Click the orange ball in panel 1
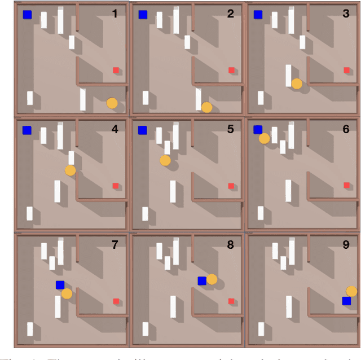112,103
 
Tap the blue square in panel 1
27,15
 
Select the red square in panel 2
231,71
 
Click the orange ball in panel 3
297,84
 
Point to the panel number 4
115,129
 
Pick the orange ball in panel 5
165,160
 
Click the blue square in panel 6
258,130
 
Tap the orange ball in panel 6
264,138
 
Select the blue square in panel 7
60,286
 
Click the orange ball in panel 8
212,279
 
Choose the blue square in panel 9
346,301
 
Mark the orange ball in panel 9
351,291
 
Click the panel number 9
346,244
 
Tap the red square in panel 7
116,301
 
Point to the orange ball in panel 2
206,107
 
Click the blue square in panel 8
202,280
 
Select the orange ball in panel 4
70,170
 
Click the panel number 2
230,14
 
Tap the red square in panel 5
231,186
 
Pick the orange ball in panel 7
67,293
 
